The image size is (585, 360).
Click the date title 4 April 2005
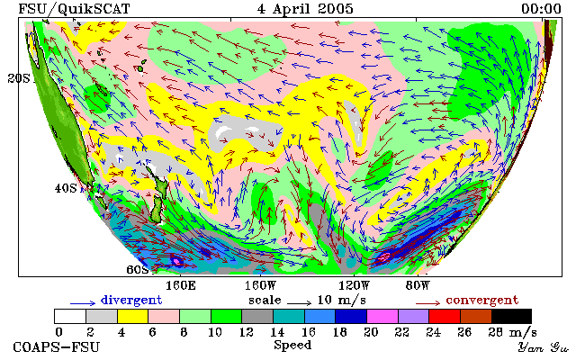[x=305, y=9]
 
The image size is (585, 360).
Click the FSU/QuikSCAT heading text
[x=74, y=9]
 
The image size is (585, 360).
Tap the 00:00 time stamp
[x=541, y=9]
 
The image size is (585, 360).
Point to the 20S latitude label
[x=19, y=78]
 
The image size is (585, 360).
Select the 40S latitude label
[x=66, y=188]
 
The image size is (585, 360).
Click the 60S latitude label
[x=138, y=269]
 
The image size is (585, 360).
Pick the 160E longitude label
[x=181, y=286]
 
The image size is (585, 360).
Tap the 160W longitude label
[x=260, y=286]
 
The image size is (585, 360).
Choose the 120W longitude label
[x=354, y=286]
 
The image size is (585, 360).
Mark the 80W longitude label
[x=418, y=286]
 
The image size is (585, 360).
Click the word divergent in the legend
[x=131, y=300]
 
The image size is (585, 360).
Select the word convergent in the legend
[x=482, y=300]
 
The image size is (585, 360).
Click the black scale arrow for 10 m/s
[x=299, y=303]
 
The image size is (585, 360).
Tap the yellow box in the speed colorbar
[x=132, y=316]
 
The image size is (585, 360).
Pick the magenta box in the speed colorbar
[x=382, y=316]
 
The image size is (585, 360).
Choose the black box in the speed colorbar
[x=511, y=316]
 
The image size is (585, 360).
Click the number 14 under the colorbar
[x=277, y=332]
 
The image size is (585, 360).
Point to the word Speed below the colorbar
[x=292, y=345]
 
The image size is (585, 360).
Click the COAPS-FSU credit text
[x=57, y=346]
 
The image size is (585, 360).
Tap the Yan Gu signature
[x=544, y=347]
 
